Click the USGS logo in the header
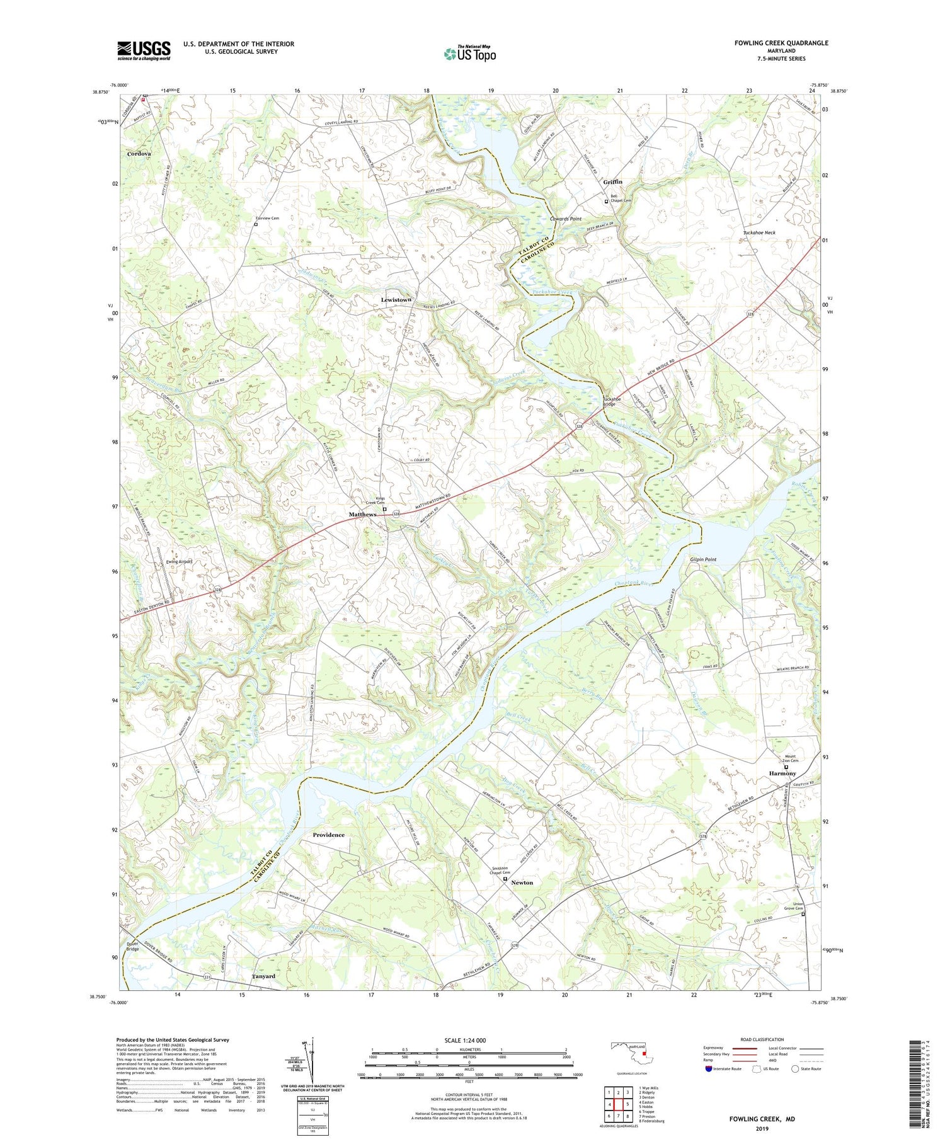(144, 50)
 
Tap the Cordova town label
(139, 154)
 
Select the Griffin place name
(612, 182)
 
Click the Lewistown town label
(396, 300)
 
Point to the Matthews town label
(362, 515)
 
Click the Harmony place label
(782, 774)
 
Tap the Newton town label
(522, 882)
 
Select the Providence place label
(329, 835)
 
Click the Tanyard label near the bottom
(263, 976)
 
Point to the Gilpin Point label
(702, 559)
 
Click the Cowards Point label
(565, 219)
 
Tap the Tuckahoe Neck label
(759, 232)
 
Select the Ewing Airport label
(179, 561)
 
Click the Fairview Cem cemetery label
(267, 218)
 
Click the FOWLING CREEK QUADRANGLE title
(781, 43)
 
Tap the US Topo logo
(469, 54)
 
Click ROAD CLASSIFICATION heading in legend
(762, 1039)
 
